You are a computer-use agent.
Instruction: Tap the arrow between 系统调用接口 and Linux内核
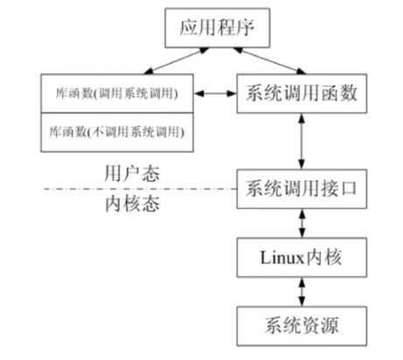(301, 222)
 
